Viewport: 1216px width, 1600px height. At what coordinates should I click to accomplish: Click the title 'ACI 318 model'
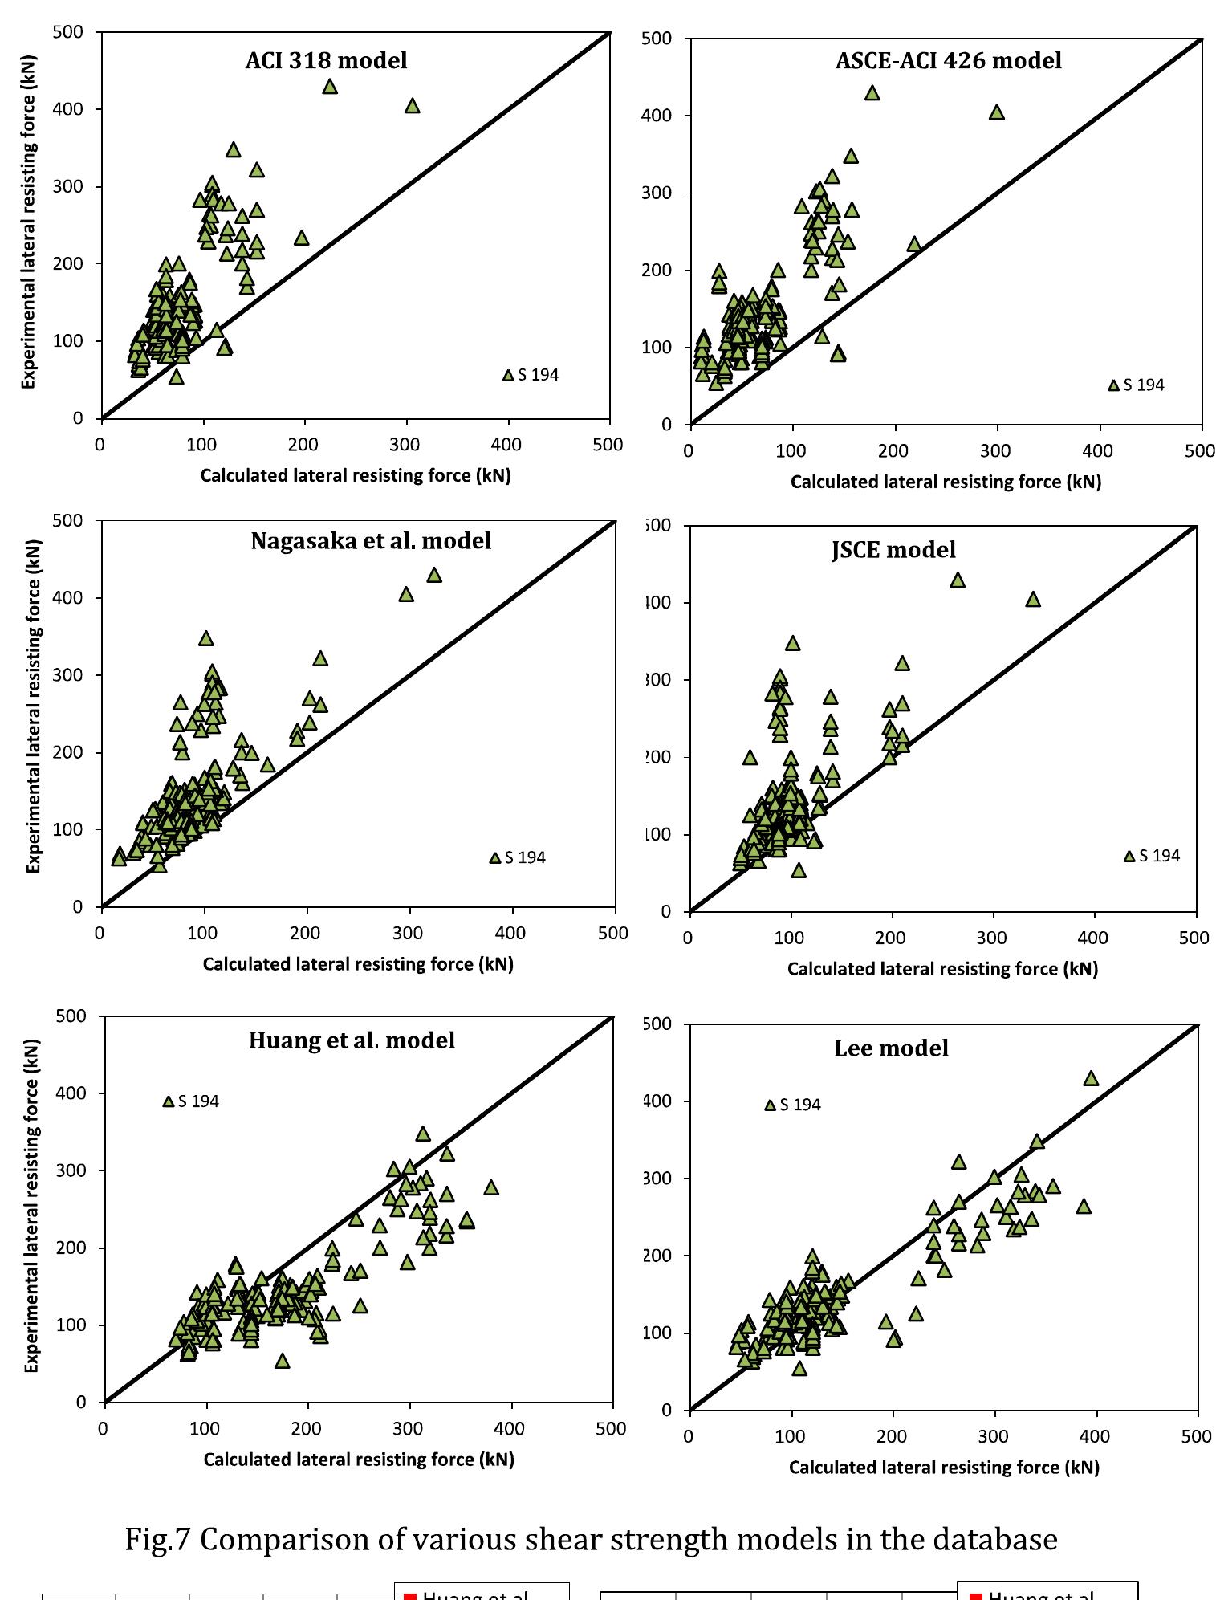[326, 60]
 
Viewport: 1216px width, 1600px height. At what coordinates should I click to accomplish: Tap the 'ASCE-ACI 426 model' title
[948, 60]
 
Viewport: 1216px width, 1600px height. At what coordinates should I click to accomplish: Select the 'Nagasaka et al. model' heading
[371, 540]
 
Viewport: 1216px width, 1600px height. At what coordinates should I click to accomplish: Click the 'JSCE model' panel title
[893, 550]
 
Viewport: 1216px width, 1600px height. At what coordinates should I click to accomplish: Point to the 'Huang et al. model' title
[352, 1040]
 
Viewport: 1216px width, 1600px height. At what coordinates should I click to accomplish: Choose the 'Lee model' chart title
[891, 1048]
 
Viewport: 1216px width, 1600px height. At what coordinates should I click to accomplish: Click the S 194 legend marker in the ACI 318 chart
[508, 376]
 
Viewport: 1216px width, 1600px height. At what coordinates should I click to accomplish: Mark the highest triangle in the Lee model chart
[1091, 1079]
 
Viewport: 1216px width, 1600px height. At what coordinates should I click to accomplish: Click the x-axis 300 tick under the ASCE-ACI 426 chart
[996, 450]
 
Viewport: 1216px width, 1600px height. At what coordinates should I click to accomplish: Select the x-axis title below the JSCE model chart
[942, 969]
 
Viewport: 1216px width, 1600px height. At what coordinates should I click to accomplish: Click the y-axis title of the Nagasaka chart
[32, 715]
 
